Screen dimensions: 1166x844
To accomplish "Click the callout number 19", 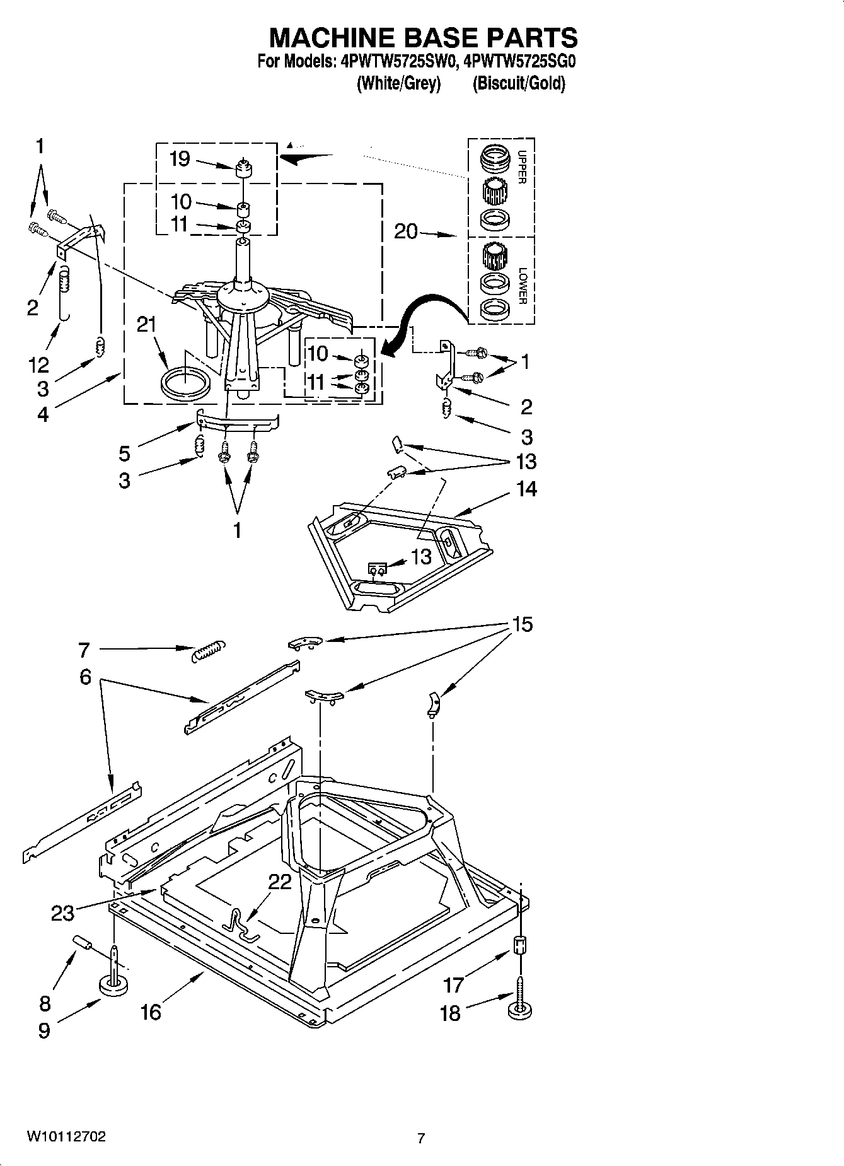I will [180, 158].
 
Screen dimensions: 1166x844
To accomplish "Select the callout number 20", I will [406, 231].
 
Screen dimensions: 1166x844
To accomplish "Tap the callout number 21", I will [146, 325].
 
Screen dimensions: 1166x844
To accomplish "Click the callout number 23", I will [62, 912].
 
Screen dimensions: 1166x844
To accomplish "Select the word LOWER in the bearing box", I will [522, 286].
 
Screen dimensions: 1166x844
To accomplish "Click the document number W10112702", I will [66, 1136].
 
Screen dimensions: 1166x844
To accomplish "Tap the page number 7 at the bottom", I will [421, 1138].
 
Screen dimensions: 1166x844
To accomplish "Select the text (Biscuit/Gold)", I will [519, 83].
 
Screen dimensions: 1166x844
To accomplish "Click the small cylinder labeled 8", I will [83, 943].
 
